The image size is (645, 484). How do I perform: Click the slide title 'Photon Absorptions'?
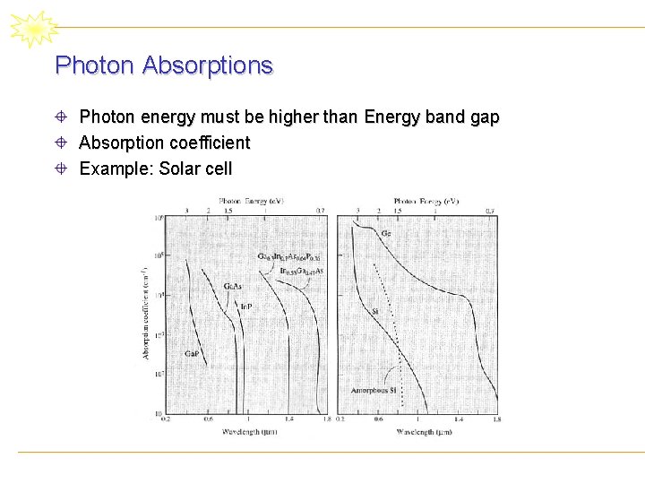[164, 65]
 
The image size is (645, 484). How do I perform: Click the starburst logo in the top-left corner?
[33, 29]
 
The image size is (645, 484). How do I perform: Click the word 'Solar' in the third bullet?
[178, 169]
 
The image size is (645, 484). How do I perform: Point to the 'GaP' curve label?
[192, 354]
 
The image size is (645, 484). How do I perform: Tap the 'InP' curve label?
[245, 307]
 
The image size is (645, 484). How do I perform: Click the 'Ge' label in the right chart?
[386, 234]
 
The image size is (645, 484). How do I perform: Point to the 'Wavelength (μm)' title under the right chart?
[417, 433]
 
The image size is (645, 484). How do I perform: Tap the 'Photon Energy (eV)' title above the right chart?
[426, 202]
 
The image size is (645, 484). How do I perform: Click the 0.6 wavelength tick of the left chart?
[208, 419]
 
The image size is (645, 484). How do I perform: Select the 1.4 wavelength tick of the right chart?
[458, 419]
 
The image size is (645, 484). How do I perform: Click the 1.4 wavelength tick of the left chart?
[288, 419]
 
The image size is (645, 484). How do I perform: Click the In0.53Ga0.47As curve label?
[301, 271]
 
